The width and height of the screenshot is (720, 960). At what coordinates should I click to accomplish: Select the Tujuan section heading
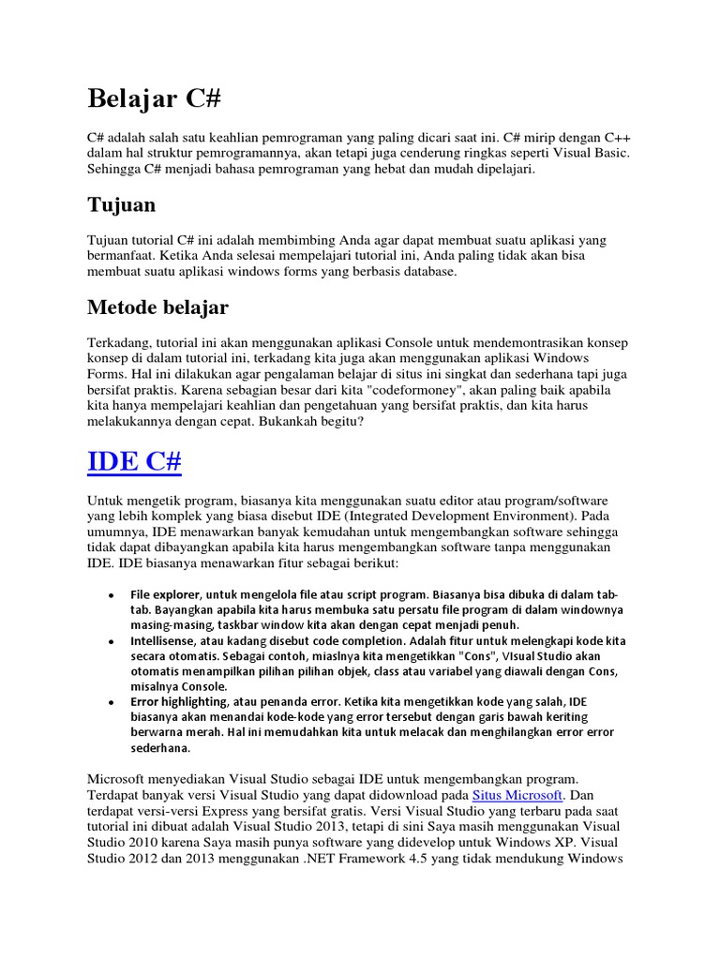point(121,203)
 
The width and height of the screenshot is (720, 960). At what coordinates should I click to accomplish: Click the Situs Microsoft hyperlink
point(521,794)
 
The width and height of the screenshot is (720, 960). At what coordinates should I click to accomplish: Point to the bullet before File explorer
point(111,595)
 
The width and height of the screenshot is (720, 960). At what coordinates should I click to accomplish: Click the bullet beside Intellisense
point(111,640)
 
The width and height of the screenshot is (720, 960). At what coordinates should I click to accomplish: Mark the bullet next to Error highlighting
point(111,701)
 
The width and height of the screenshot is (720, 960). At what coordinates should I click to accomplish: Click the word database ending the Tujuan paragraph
point(426,272)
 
